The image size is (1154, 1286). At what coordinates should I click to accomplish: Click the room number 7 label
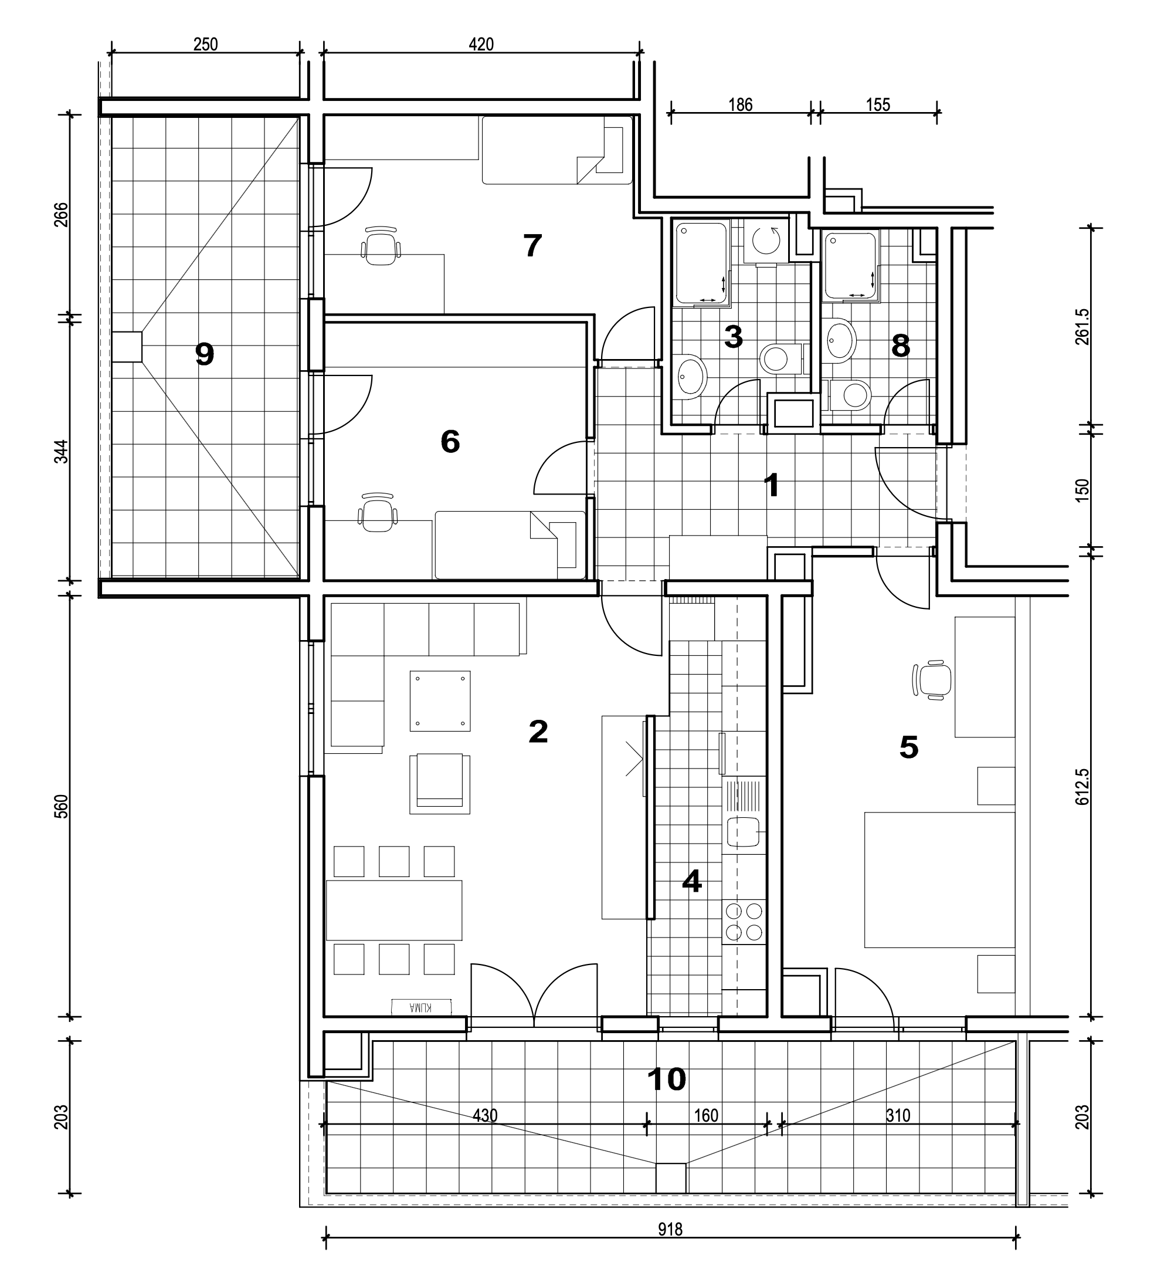[x=532, y=246]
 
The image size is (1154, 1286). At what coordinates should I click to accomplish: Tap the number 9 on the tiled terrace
[x=204, y=354]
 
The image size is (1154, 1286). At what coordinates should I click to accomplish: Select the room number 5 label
[x=909, y=747]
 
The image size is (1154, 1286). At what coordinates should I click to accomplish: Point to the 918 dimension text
[x=670, y=1230]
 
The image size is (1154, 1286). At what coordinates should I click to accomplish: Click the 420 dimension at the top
[x=481, y=45]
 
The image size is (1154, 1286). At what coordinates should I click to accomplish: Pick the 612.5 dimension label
[x=1082, y=787]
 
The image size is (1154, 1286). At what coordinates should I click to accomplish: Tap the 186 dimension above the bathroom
[x=740, y=104]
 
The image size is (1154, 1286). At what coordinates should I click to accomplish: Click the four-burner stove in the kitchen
[x=744, y=921]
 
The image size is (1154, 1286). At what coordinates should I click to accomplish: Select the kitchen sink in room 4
[x=744, y=831]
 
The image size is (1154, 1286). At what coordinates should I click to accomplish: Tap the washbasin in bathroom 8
[x=841, y=340]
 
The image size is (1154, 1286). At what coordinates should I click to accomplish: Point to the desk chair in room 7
[x=381, y=246]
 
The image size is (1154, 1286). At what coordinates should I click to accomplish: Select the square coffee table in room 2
[x=440, y=701]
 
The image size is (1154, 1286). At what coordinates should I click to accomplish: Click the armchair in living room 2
[x=439, y=784]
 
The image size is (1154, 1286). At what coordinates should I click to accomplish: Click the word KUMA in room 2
[x=421, y=1007]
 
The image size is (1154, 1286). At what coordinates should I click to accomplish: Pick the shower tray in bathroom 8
[x=851, y=265]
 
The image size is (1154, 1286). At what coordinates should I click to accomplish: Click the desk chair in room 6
[x=378, y=512]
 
